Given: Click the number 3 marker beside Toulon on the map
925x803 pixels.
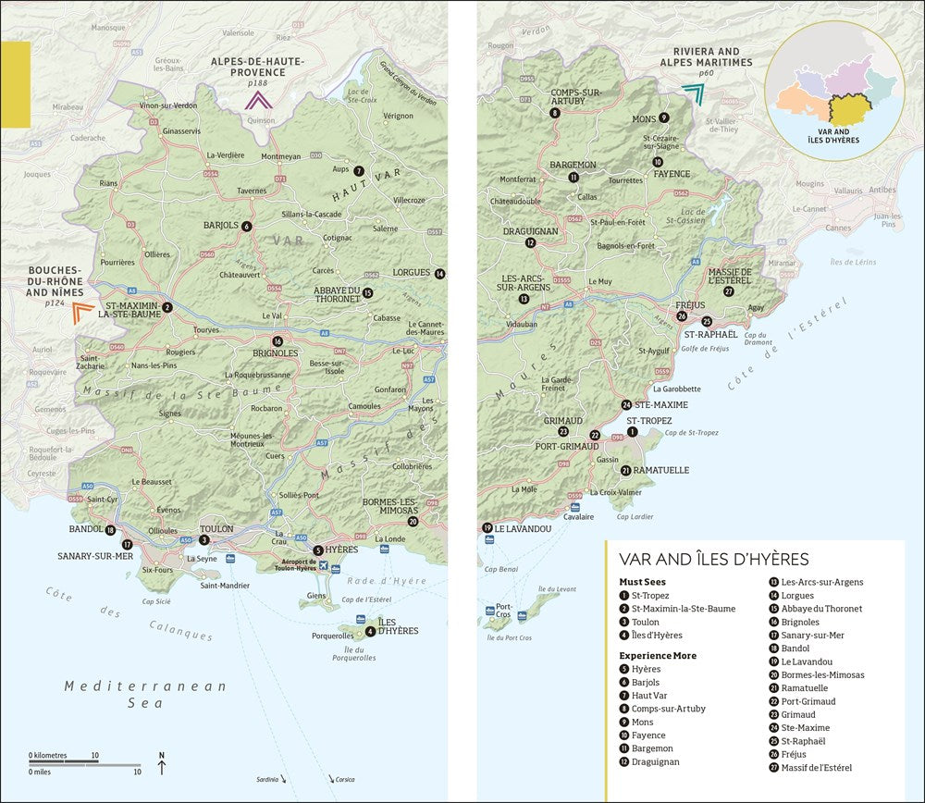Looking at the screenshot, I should [x=204, y=540].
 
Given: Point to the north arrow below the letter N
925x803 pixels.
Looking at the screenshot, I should [x=162, y=768].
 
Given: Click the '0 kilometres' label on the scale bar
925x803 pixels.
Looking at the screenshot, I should [x=47, y=755].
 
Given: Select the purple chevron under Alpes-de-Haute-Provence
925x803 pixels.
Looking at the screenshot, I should [x=257, y=101].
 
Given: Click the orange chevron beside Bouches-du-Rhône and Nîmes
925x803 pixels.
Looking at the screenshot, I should [x=82, y=312].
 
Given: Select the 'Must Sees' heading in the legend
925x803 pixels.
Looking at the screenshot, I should [x=642, y=581].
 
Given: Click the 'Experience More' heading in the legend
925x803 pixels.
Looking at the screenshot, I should [x=659, y=655].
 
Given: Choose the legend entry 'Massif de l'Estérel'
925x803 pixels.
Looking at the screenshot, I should [x=817, y=767].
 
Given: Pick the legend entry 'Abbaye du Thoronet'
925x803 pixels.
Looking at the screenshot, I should [x=821, y=609].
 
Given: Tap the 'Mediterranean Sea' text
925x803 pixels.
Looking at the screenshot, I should [x=145, y=694].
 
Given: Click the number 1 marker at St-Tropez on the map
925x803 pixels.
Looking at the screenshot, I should [x=633, y=432].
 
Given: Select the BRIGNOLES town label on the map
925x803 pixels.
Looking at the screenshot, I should [x=277, y=353].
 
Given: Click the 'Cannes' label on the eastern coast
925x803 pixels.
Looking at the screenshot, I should [x=837, y=228].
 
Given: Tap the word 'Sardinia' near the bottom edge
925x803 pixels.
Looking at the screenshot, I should [x=269, y=779].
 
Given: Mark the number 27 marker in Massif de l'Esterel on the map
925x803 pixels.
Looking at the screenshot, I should [x=729, y=291].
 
